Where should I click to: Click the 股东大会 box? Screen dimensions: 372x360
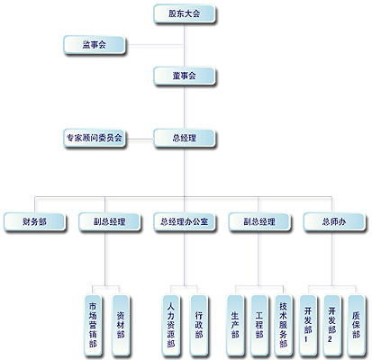pyautogui.click(x=185, y=13)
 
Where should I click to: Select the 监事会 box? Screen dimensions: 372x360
pyautogui.click(x=95, y=45)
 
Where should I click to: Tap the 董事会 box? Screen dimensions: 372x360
pyautogui.click(x=185, y=76)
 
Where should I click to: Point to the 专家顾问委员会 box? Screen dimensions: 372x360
pyautogui.click(x=95, y=138)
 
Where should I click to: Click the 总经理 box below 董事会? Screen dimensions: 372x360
pyautogui.click(x=185, y=138)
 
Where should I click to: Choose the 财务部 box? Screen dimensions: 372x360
pyautogui.click(x=34, y=221)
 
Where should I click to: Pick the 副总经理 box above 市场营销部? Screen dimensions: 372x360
pyautogui.click(x=109, y=221)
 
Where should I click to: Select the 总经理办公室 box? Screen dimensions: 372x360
pyautogui.click(x=185, y=221)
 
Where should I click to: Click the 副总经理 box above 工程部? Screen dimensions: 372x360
pyautogui.click(x=259, y=221)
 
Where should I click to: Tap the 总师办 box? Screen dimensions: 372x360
pyautogui.click(x=334, y=221)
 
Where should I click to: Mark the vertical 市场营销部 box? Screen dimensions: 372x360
pyautogui.click(x=93, y=325)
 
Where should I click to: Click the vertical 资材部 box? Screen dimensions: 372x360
pyautogui.click(x=121, y=325)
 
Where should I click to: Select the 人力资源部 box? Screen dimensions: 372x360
pyautogui.click(x=171, y=325)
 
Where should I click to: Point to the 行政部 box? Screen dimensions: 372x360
pyautogui.click(x=198, y=325)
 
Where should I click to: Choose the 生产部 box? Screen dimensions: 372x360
pyautogui.click(x=235, y=325)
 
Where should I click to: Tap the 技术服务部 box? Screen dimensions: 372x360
pyautogui.click(x=283, y=325)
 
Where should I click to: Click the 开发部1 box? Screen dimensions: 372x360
pyautogui.click(x=308, y=325)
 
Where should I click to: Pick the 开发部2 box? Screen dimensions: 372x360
pyautogui.click(x=331, y=325)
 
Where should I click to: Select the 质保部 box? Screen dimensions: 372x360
pyautogui.click(x=356, y=325)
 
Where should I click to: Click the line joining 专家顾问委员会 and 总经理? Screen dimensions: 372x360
pyautogui.click(x=140, y=139)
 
